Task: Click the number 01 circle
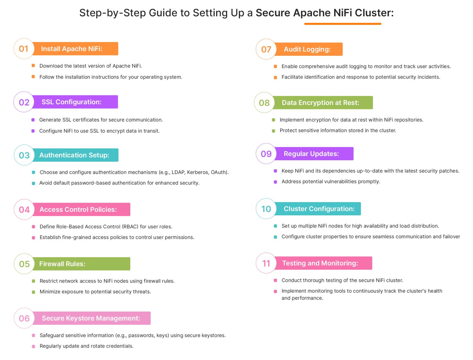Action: click(24, 49)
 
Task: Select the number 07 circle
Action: click(266, 49)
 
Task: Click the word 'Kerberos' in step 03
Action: click(197, 172)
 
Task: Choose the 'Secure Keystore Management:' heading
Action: click(91, 318)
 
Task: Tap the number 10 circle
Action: click(266, 209)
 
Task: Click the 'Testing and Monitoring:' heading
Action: click(320, 263)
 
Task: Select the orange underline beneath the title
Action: click(342, 24)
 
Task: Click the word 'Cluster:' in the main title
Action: click(374, 13)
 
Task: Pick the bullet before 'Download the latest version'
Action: click(33, 66)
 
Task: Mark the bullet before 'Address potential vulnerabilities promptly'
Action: click(275, 182)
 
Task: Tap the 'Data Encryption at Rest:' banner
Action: click(320, 103)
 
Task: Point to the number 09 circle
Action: click(266, 154)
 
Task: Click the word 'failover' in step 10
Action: click(451, 237)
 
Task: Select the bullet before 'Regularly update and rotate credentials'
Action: click(34, 346)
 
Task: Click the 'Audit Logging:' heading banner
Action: click(307, 49)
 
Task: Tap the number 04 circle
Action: click(24, 210)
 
